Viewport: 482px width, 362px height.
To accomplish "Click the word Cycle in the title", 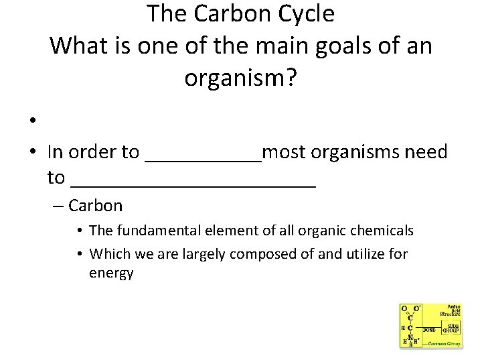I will pyautogui.click(x=306, y=13).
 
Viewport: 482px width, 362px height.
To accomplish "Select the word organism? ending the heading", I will pyautogui.click(x=240, y=79).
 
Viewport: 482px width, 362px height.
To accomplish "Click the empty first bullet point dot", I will pyautogui.click(x=31, y=121).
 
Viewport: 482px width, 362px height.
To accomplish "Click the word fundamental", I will pyautogui.click(x=150, y=231).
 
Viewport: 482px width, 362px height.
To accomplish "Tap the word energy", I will pyautogui.click(x=111, y=273).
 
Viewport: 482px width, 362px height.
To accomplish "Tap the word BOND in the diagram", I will pyautogui.click(x=429, y=330).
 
